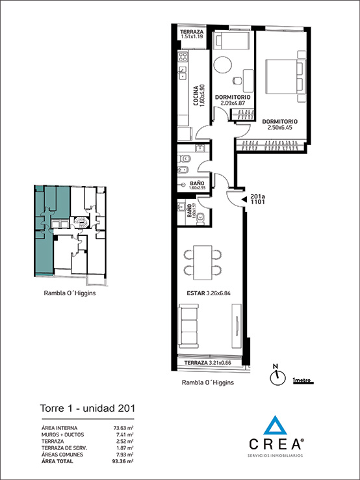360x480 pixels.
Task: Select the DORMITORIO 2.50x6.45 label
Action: [x=280, y=124]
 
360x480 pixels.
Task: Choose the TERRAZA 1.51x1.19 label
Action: [x=192, y=34]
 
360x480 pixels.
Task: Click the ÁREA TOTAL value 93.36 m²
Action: [x=122, y=461]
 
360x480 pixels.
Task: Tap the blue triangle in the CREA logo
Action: [x=276, y=425]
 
